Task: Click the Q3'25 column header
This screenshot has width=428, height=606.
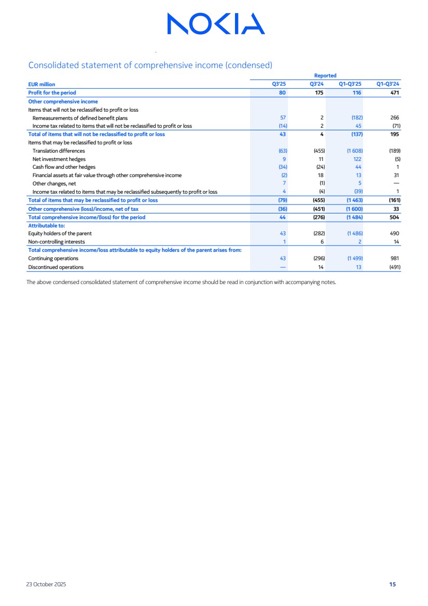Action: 280,84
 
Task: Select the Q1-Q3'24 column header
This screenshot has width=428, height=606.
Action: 388,84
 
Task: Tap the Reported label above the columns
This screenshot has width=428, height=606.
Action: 325,76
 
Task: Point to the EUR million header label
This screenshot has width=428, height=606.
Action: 42,84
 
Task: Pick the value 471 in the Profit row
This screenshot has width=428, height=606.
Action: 395,92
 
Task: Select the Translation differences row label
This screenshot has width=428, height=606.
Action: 59,151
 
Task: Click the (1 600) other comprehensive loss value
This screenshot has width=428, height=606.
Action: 354,209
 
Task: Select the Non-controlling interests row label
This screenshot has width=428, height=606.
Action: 57,241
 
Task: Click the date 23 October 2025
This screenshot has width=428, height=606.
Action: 46,584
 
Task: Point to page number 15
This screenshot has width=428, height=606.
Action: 392,584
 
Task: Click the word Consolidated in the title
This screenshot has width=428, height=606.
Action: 52,65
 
